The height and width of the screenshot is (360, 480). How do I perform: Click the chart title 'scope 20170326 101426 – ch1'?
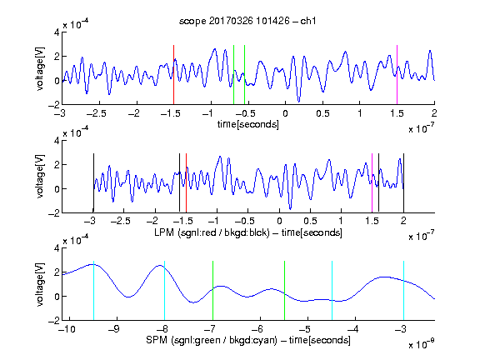247,21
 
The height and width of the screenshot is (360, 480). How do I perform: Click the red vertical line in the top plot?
173,75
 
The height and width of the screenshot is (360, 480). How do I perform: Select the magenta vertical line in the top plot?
397,75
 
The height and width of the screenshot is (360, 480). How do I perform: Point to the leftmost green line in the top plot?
233,75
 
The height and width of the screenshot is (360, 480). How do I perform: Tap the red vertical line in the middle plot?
186,182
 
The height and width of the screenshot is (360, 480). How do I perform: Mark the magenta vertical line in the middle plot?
372,182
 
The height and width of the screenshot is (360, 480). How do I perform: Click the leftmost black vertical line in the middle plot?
93,182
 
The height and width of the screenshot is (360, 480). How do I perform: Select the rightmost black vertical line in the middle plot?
403,182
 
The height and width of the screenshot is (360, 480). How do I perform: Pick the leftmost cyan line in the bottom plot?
93,291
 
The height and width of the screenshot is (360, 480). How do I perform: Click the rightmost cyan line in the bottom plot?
403,291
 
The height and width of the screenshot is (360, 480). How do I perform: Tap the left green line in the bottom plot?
212,291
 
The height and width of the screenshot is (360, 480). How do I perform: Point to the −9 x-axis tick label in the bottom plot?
113,329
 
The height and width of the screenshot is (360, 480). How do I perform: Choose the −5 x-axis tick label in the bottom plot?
305,329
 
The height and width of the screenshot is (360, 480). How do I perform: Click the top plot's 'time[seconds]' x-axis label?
248,124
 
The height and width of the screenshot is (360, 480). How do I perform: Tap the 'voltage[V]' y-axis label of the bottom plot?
40,284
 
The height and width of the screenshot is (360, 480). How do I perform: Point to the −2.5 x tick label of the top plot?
96,113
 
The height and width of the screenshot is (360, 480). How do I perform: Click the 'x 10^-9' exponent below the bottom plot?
421,344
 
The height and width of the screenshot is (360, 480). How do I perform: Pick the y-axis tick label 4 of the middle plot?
57,141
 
